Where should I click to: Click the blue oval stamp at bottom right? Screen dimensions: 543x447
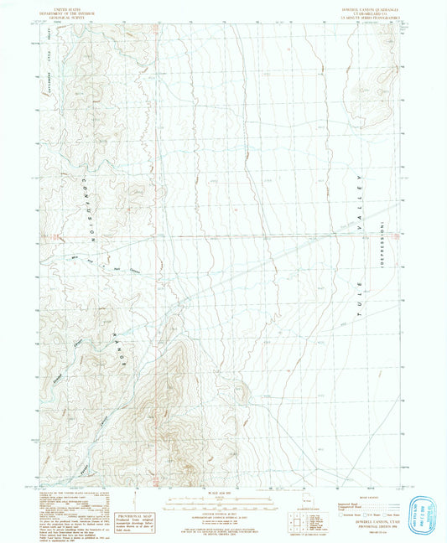coord(425,511)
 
